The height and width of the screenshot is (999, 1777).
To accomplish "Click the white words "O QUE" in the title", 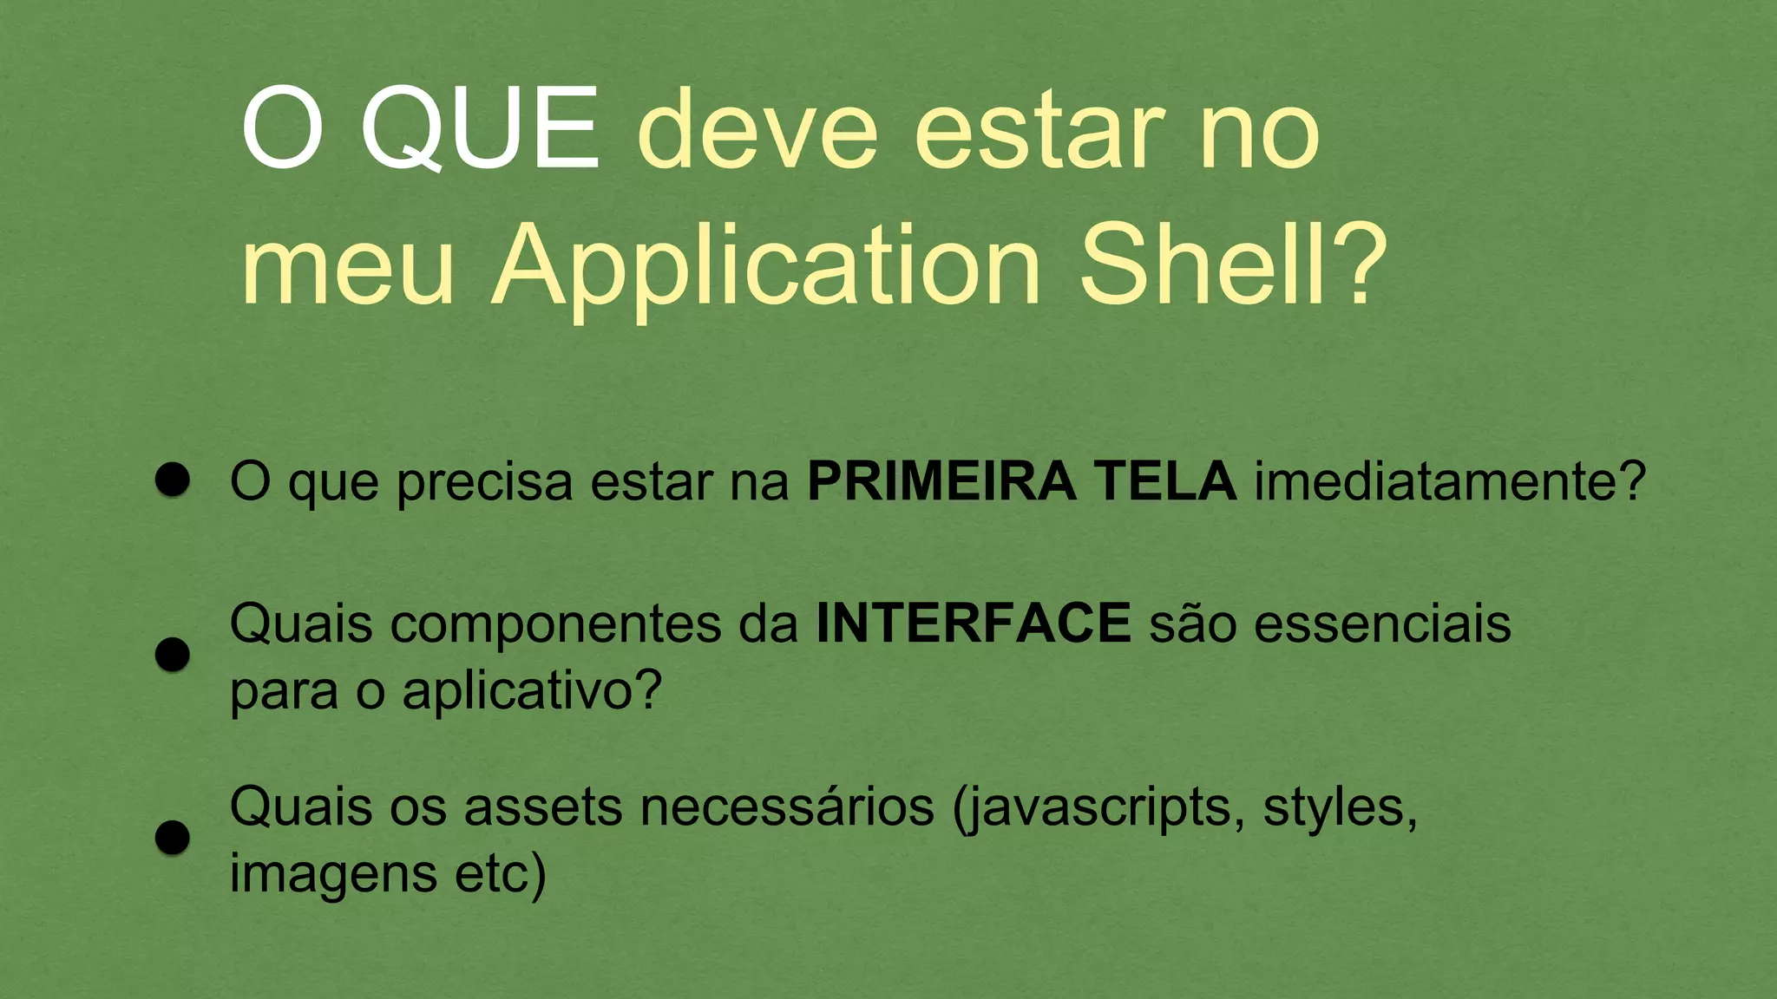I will (420, 130).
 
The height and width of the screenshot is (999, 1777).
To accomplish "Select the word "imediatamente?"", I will (1450, 483).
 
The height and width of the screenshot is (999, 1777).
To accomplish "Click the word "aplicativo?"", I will (532, 692).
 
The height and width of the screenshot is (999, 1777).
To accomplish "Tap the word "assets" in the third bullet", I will (543, 807).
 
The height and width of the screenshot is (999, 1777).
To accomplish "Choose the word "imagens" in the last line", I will (333, 874).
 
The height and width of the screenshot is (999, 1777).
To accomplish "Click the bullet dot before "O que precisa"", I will (173, 480).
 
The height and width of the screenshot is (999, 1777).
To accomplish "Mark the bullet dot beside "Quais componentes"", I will (173, 655).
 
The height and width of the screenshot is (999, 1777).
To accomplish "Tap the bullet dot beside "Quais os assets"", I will (173, 838).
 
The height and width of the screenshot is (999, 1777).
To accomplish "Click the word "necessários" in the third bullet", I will (787, 807).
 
